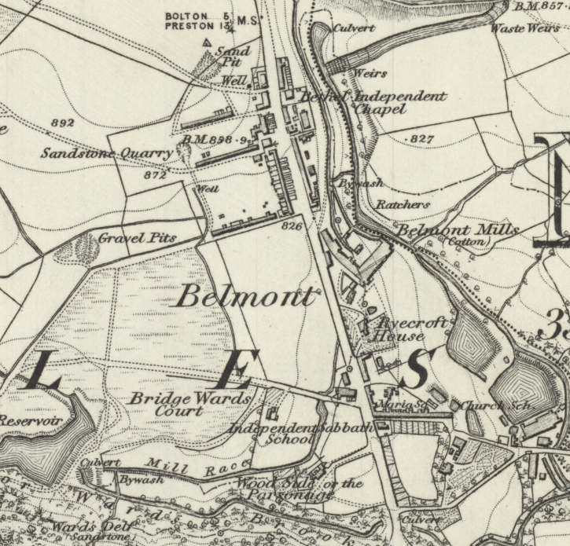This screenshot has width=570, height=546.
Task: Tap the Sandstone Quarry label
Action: [107, 153]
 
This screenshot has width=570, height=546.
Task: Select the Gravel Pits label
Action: [138, 237]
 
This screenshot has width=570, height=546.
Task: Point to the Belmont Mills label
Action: [458, 230]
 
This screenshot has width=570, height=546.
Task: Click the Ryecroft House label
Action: [403, 328]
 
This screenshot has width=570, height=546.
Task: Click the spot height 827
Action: [422, 138]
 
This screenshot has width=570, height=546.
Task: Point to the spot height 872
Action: [155, 175]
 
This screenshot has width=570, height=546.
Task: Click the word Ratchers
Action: [403, 204]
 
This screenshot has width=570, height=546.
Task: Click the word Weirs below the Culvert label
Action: [371, 73]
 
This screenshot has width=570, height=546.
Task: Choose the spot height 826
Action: [292, 226]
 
